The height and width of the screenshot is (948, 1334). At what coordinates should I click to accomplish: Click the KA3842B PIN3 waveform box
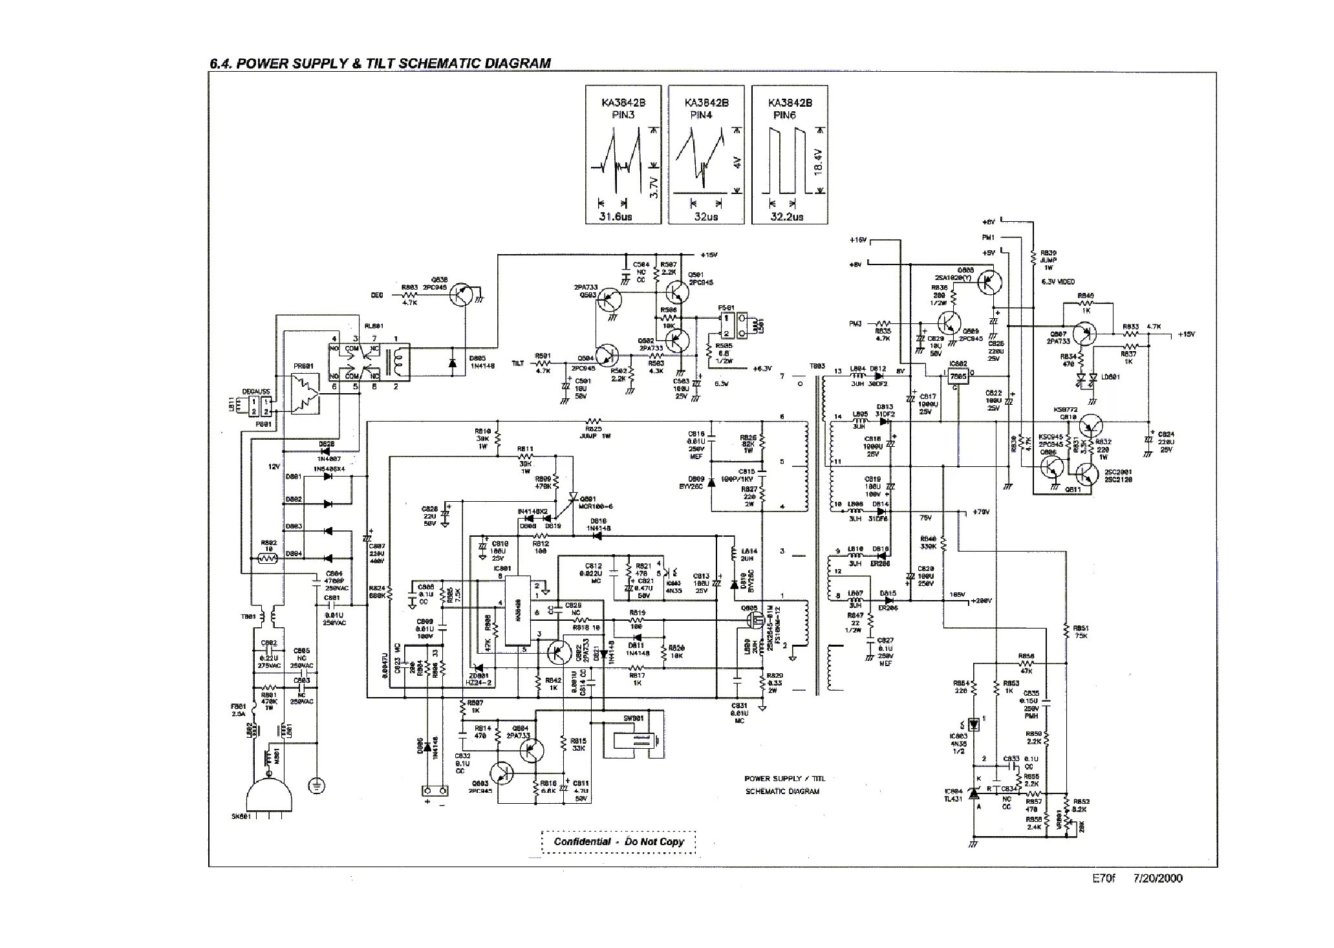coord(624,155)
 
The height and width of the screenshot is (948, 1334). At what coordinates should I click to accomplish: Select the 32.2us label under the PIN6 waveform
coord(787,217)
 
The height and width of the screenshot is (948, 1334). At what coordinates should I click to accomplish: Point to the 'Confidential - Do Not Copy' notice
coord(619,841)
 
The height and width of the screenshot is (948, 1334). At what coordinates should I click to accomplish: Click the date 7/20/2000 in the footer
coord(1157,878)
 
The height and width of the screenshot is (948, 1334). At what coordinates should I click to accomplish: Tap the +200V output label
coord(980,601)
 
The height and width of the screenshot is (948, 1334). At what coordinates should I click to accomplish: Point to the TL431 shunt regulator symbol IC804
coord(974,794)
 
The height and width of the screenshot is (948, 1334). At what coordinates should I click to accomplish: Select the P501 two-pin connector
coord(726,326)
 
